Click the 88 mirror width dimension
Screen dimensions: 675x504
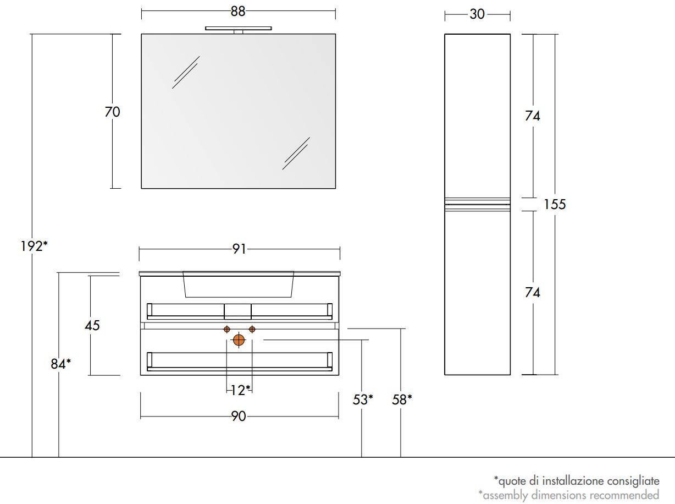coord(238,12)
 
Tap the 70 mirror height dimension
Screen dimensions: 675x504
coord(112,112)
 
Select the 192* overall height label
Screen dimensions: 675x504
coord(34,246)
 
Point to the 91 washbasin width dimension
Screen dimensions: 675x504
coord(239,249)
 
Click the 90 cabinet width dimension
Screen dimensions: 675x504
coord(239,417)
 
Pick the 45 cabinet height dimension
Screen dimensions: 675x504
coord(92,325)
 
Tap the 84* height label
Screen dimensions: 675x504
coord(61,364)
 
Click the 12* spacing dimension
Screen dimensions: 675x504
coord(240,390)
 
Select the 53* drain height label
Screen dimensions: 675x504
coord(363,399)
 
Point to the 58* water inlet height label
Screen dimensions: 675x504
coord(402,399)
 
